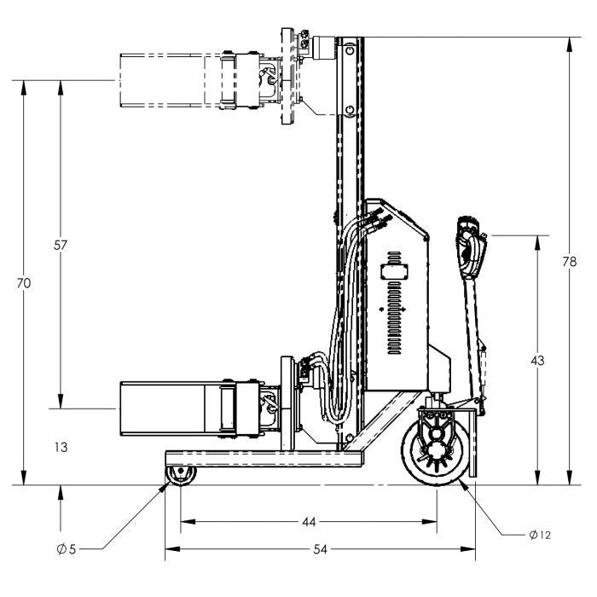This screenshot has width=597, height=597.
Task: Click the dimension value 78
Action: [570, 262]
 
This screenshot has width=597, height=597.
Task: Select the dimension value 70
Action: [24, 283]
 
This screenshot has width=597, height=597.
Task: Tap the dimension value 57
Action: [61, 246]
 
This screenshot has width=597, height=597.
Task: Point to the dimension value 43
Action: [537, 361]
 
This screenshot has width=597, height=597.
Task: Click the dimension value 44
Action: [309, 522]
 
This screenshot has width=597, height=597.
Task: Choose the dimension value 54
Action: [320, 549]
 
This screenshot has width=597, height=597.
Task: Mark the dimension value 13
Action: [61, 447]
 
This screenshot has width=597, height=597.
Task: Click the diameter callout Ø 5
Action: [67, 549]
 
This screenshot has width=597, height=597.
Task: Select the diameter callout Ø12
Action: [540, 535]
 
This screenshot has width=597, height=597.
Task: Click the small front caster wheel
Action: [181, 476]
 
